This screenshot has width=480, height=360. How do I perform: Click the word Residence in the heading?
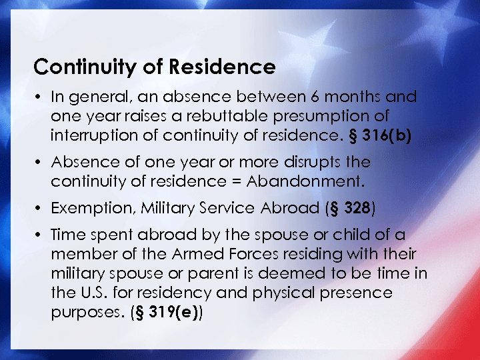tap(233, 67)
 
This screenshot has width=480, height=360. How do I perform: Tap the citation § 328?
tap(353, 209)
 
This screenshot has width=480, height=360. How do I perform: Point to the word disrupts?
tap(312, 163)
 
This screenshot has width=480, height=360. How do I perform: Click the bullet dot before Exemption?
tap(39, 209)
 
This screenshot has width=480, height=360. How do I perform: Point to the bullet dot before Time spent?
tap(39, 236)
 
